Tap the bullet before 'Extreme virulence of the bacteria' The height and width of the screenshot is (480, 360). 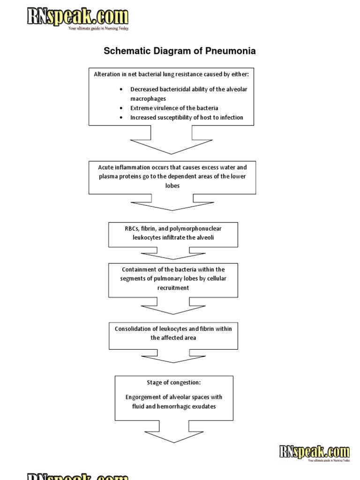[x=121, y=108]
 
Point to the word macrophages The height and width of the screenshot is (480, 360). [x=148, y=99]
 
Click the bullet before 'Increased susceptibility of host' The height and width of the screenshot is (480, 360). [x=121, y=118]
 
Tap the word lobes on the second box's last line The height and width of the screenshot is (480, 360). [x=172, y=185]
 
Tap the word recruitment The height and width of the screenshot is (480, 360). [x=173, y=288]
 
